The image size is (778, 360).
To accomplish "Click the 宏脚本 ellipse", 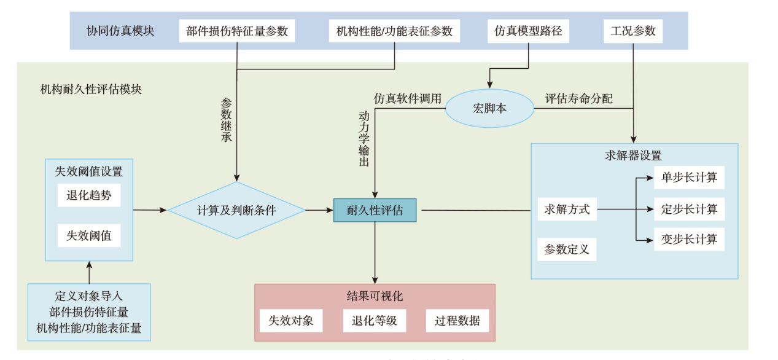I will pyautogui.click(x=489, y=109).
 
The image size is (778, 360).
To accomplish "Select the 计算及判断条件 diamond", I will pyautogui.click(x=236, y=210).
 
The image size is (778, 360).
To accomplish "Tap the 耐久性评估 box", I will pyautogui.click(x=375, y=210).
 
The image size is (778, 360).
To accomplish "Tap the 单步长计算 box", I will pyautogui.click(x=689, y=178).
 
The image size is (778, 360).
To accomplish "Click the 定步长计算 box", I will pyautogui.click(x=689, y=209).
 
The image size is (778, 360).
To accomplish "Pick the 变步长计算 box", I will pyautogui.click(x=689, y=239).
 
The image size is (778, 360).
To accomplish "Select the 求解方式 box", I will pyautogui.click(x=567, y=209).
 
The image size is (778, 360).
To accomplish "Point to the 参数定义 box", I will pyautogui.click(x=567, y=249).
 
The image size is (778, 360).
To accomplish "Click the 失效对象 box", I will pyautogui.click(x=291, y=321).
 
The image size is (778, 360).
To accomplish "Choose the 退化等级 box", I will pyautogui.click(x=374, y=321).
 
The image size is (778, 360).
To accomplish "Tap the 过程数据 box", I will pyautogui.click(x=457, y=321).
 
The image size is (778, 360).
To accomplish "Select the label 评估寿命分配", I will pyautogui.click(x=578, y=98).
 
